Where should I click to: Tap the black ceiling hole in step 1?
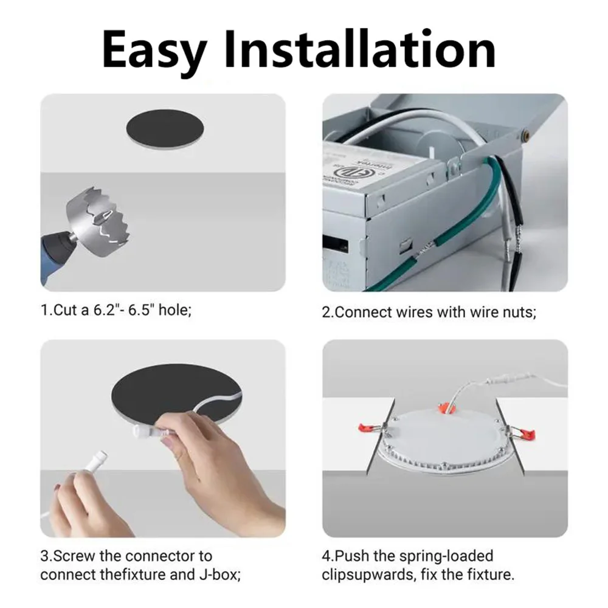pyautogui.click(x=164, y=130)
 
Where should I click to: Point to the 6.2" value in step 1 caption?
pyautogui.click(x=106, y=311)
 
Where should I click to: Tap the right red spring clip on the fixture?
pyautogui.click(x=522, y=433)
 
